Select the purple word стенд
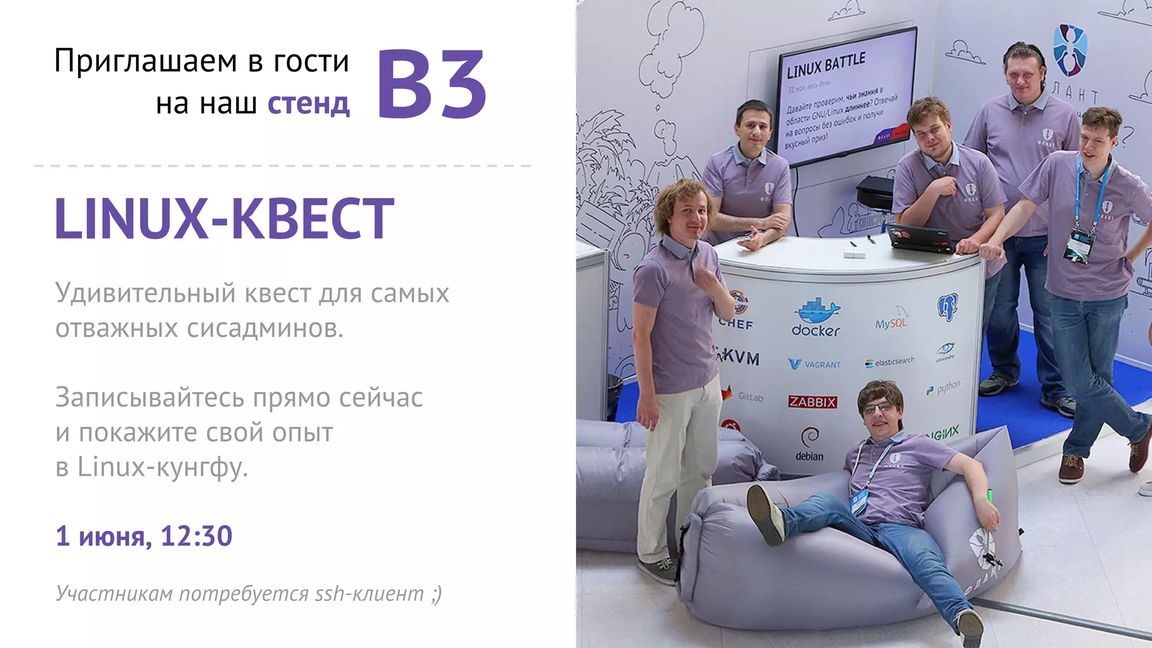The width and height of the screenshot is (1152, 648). (308, 104)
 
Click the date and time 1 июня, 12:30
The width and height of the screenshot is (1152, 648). (143, 535)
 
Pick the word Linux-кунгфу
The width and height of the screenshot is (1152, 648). (163, 467)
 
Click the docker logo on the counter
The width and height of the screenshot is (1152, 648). (816, 318)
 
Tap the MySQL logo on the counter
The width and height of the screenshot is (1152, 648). (892, 321)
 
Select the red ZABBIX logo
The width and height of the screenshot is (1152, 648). (812, 402)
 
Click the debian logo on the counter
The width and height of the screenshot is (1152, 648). (809, 444)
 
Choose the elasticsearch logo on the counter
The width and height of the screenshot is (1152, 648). (890, 362)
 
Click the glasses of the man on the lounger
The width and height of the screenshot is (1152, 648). (879, 407)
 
